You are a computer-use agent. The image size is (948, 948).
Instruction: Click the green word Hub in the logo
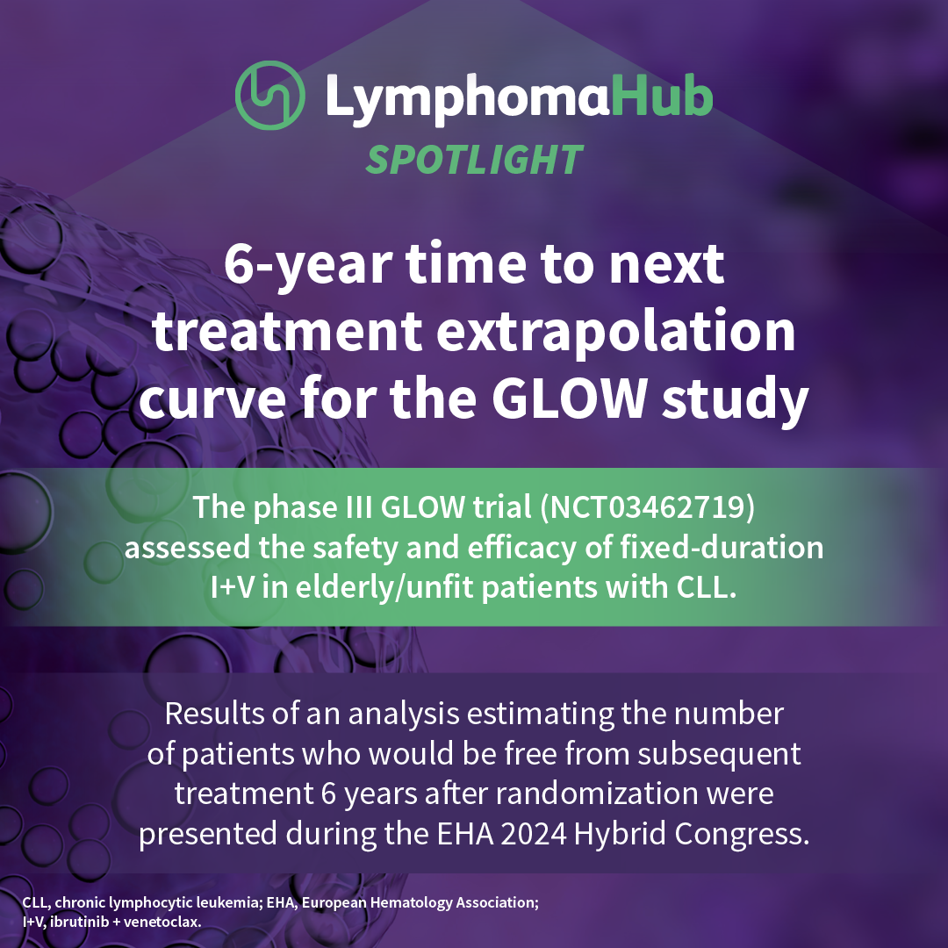(662, 96)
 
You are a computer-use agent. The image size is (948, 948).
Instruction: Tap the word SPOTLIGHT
(474, 161)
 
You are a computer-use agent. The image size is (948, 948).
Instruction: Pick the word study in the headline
(736, 399)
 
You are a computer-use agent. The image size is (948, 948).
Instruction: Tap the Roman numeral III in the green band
(358, 506)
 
